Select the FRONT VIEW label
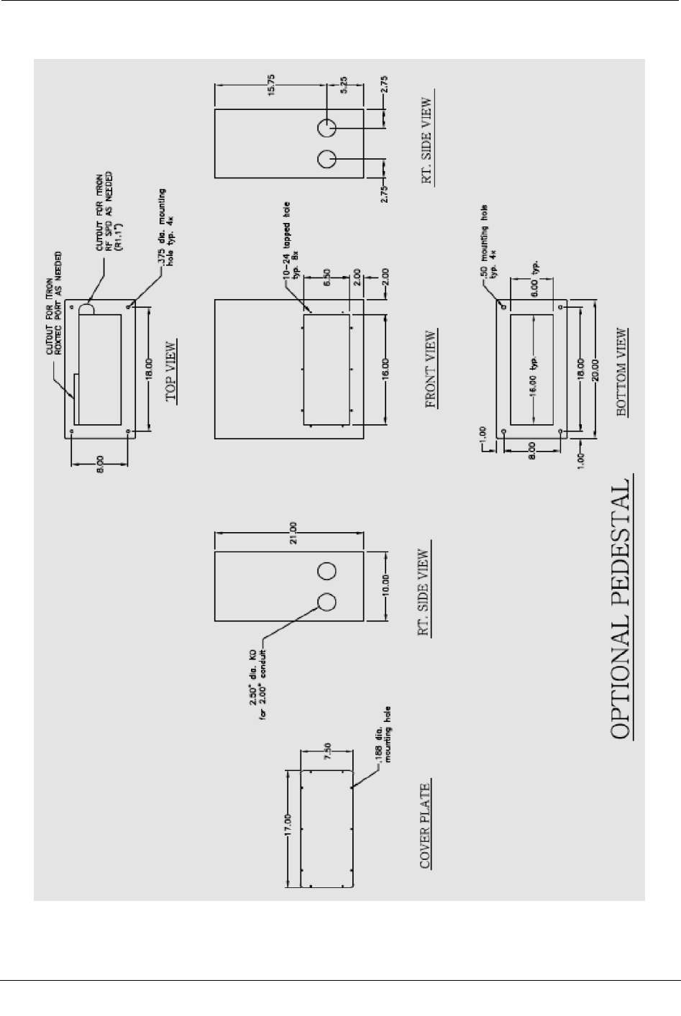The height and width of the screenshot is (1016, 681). coord(431,369)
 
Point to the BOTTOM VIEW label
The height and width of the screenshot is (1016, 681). coord(623,372)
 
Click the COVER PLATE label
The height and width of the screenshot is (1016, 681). coord(426,825)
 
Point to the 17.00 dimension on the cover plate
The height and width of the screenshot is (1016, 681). coord(286,827)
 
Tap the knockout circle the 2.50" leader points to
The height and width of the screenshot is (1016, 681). coord(326,603)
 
